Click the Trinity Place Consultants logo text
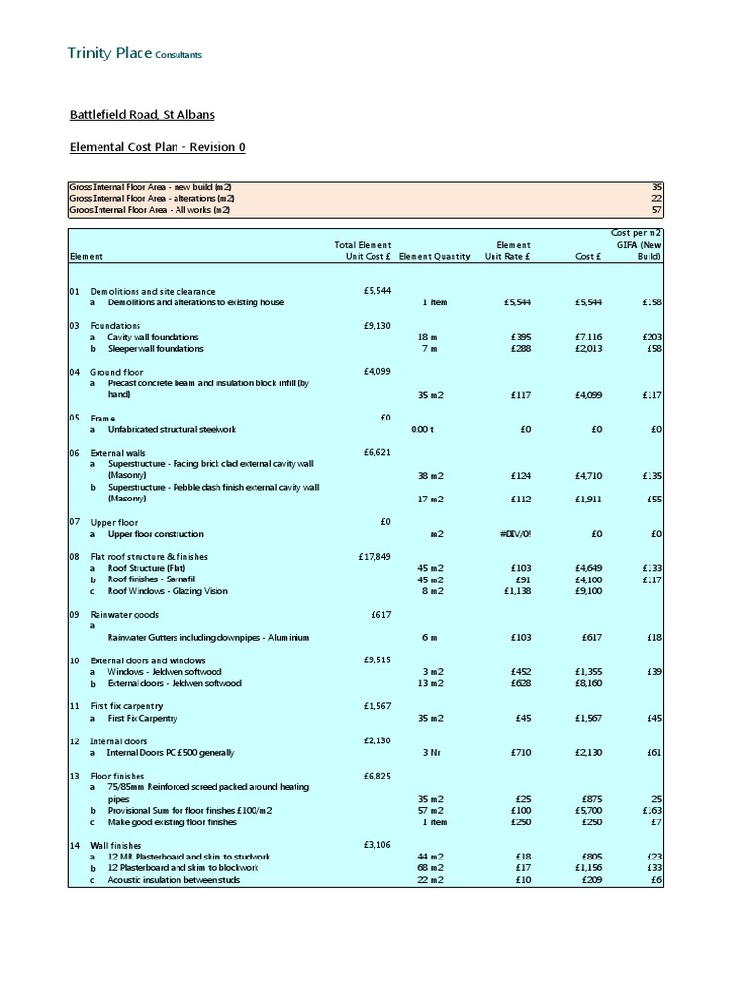point(136,53)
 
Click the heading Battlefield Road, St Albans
point(141,115)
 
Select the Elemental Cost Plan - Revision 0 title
point(157,147)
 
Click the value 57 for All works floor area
point(656,209)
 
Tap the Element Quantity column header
point(434,256)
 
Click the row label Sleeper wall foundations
point(155,348)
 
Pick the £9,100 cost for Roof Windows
point(584,591)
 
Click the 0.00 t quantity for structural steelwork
point(421,429)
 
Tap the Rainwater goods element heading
point(124,615)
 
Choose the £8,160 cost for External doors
point(584,683)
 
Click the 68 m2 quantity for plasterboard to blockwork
point(428,868)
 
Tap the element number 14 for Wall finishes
point(75,845)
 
